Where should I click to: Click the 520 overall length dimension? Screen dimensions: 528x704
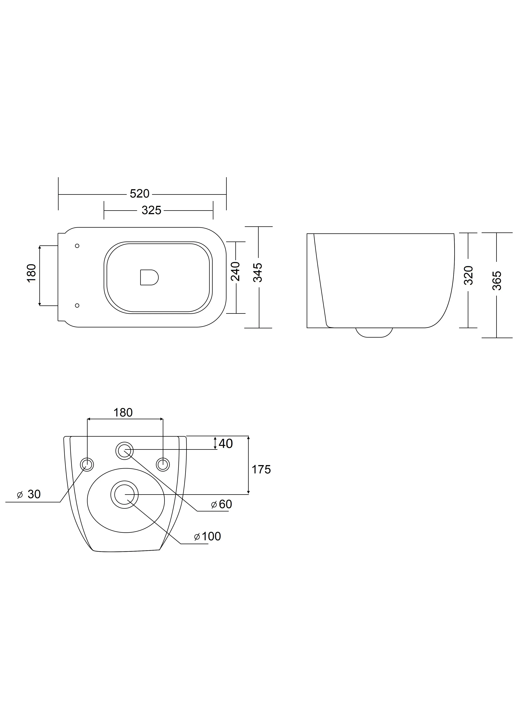tap(139, 193)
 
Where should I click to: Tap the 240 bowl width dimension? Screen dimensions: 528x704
tap(236, 271)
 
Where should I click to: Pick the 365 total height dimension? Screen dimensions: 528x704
tap(497, 280)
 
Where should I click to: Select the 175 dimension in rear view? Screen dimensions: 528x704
tap(261, 470)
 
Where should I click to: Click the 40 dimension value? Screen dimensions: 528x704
tap(226, 444)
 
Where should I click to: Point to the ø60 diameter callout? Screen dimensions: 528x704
tap(222, 504)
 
